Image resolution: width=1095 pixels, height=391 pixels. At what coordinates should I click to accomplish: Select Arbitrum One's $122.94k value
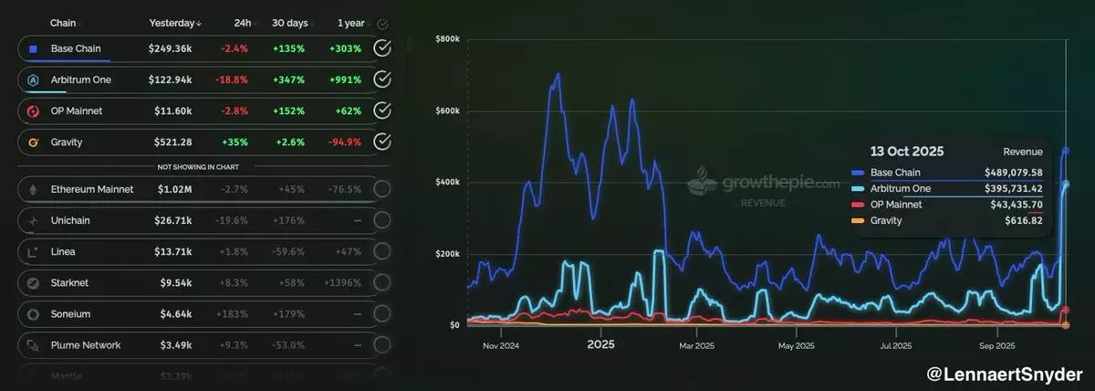click(170, 80)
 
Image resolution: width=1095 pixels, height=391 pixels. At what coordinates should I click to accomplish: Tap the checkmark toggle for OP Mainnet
click(383, 111)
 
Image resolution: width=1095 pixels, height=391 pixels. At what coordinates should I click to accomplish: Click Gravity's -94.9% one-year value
click(345, 142)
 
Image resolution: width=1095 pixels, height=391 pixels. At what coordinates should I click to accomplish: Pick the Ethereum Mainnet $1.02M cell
click(170, 189)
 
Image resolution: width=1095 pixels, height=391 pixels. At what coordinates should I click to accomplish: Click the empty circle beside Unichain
click(383, 220)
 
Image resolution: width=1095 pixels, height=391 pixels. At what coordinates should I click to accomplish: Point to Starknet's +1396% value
click(342, 282)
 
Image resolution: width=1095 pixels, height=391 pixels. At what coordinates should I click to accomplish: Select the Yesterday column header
click(175, 23)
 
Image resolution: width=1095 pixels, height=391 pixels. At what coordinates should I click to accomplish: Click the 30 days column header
click(291, 23)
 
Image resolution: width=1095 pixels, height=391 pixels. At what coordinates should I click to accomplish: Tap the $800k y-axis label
click(446, 39)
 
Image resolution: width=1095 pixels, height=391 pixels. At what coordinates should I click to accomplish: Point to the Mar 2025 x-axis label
click(698, 345)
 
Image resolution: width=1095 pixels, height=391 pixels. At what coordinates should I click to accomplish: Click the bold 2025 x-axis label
click(600, 345)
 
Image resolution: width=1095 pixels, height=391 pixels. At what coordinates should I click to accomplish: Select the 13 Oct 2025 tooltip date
click(907, 152)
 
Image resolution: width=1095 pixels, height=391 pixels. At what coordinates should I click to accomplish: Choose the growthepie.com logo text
click(780, 183)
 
